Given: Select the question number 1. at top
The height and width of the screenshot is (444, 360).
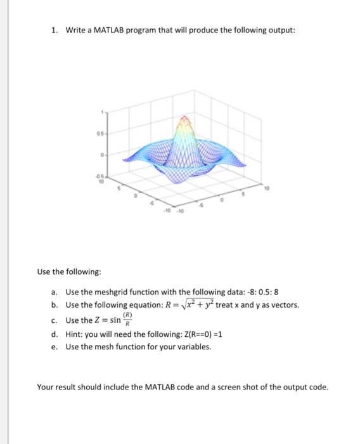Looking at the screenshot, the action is [55, 30].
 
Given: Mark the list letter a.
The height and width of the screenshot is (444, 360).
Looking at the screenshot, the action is [55, 292].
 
